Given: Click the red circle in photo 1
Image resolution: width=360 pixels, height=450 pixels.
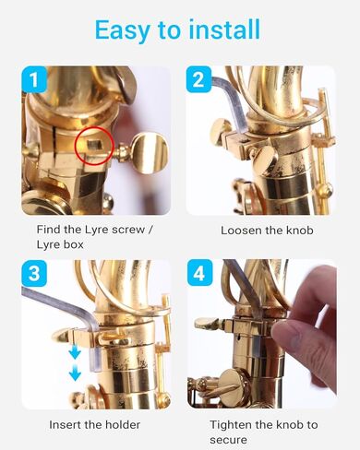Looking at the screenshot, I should (x=94, y=146).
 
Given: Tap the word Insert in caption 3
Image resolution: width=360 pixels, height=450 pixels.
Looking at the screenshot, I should (x=66, y=425).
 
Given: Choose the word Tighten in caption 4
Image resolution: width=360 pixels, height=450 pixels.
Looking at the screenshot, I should (x=233, y=425).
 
